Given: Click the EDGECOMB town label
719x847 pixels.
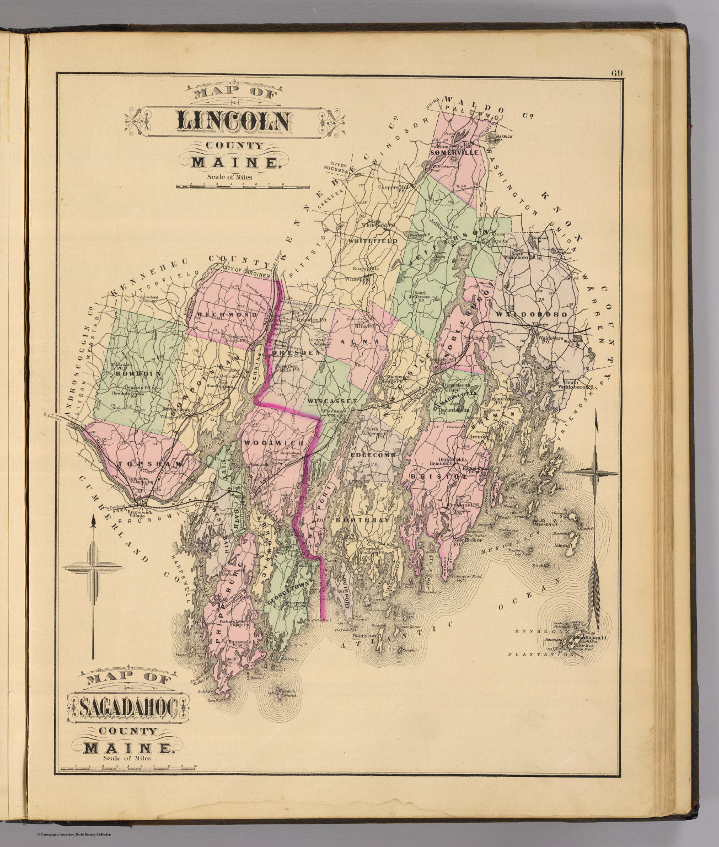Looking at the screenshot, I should click(x=373, y=455).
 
